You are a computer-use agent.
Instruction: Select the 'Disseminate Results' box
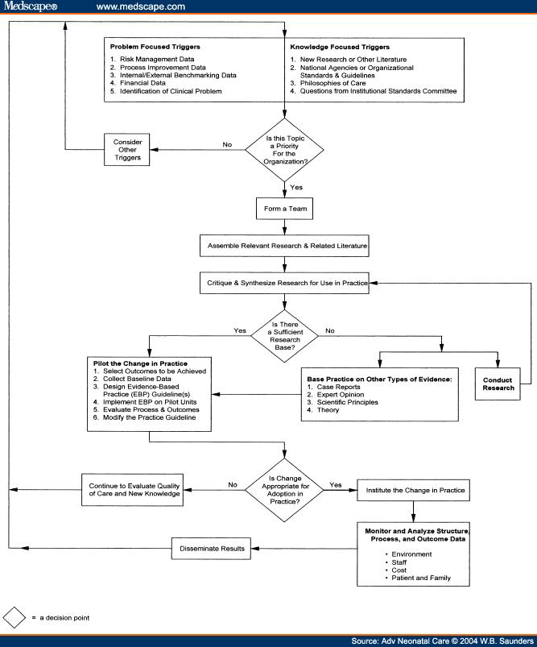point(210,550)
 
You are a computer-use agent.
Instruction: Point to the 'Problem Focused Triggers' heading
point(154,47)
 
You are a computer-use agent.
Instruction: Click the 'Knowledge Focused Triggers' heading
point(339,47)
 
